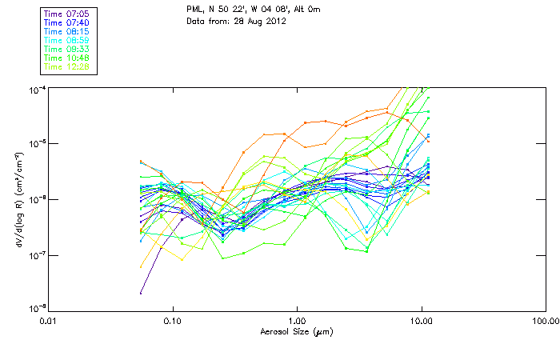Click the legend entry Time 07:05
(x=67, y=14)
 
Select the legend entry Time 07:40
(x=67, y=22)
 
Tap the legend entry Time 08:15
(x=67, y=31)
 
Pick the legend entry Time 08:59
(x=67, y=40)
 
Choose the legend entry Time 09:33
(x=67, y=49)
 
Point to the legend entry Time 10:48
(x=67, y=58)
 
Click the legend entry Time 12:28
(x=67, y=66)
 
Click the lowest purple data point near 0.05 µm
(x=141, y=293)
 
